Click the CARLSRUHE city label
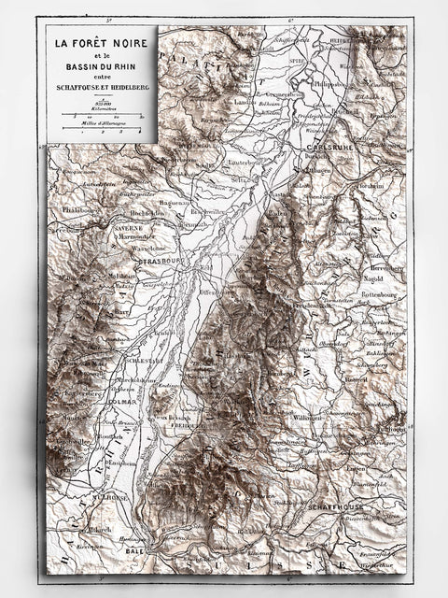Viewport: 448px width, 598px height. (x=327, y=149)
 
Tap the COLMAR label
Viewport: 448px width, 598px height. (x=121, y=404)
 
